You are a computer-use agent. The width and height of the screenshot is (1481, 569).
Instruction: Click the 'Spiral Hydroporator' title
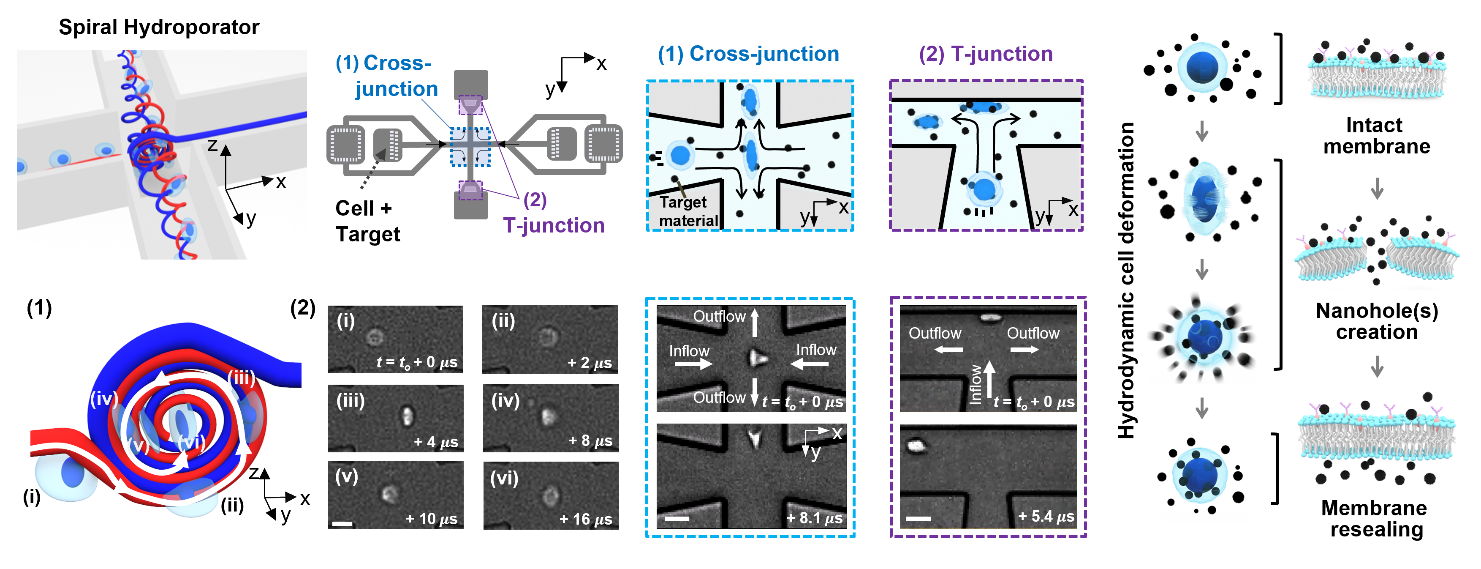(x=159, y=27)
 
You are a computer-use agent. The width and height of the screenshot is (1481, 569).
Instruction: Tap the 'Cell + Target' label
(x=367, y=222)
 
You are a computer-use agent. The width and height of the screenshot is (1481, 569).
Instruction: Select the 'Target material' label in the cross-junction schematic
(x=688, y=211)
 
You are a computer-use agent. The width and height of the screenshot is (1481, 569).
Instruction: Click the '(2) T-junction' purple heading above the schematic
(x=985, y=54)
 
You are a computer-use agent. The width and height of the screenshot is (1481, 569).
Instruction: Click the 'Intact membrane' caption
(x=1376, y=136)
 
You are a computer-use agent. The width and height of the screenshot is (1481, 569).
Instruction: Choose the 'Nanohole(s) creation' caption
(x=1376, y=322)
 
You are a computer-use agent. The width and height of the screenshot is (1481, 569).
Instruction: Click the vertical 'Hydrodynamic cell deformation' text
(x=1126, y=280)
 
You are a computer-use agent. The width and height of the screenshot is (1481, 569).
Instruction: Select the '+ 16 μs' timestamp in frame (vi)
(x=585, y=520)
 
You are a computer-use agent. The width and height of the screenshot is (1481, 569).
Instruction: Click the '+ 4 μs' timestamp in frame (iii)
(x=436, y=442)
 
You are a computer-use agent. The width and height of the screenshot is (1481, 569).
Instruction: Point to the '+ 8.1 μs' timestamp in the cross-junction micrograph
(x=814, y=518)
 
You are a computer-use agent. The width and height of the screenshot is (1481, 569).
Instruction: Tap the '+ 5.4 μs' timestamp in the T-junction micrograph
(x=1046, y=516)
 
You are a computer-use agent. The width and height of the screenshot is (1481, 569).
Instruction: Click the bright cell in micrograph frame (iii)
(x=407, y=414)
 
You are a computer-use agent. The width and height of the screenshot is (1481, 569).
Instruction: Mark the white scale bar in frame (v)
(x=342, y=523)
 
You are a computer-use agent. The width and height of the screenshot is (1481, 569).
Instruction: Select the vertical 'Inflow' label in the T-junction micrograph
(x=976, y=384)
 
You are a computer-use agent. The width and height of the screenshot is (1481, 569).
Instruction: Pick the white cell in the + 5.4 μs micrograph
(x=915, y=445)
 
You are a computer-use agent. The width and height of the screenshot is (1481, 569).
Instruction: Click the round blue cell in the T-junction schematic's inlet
(x=984, y=189)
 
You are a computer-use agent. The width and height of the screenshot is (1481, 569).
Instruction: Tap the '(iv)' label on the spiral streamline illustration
(x=103, y=398)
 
